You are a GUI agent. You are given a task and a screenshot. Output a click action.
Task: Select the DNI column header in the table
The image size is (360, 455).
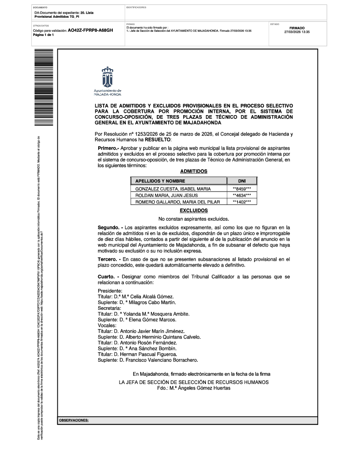(241, 181)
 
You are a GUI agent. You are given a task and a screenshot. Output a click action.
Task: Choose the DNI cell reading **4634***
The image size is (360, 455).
(241, 195)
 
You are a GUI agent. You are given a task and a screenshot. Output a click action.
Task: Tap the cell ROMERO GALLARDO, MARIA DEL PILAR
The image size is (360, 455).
(174, 202)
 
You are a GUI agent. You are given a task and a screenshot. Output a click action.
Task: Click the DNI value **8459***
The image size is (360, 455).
(241, 188)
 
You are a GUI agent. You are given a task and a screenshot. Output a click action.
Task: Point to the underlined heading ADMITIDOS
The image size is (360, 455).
(194, 172)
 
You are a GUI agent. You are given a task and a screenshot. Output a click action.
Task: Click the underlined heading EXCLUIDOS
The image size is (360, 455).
(194, 211)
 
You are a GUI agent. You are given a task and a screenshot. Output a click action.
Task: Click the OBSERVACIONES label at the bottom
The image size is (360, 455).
(74, 421)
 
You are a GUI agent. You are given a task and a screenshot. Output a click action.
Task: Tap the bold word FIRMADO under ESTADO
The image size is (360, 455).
(296, 28)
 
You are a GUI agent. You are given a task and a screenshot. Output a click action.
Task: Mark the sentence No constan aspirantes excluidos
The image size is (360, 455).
(194, 219)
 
